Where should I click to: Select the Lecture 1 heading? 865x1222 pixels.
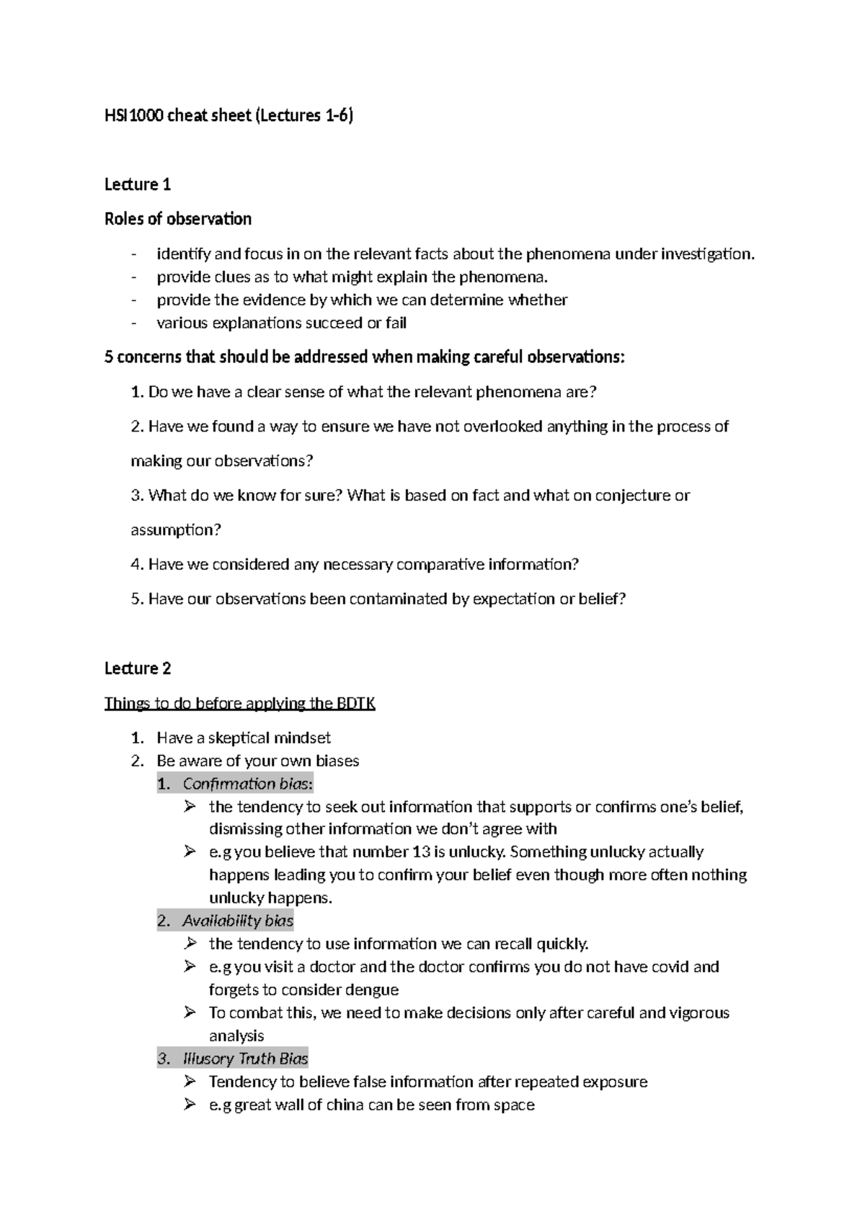[x=138, y=184]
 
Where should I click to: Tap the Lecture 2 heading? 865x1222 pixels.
[x=138, y=668]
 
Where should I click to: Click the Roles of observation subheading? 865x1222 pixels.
[x=178, y=219]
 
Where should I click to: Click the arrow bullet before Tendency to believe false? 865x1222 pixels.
[x=190, y=1081]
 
